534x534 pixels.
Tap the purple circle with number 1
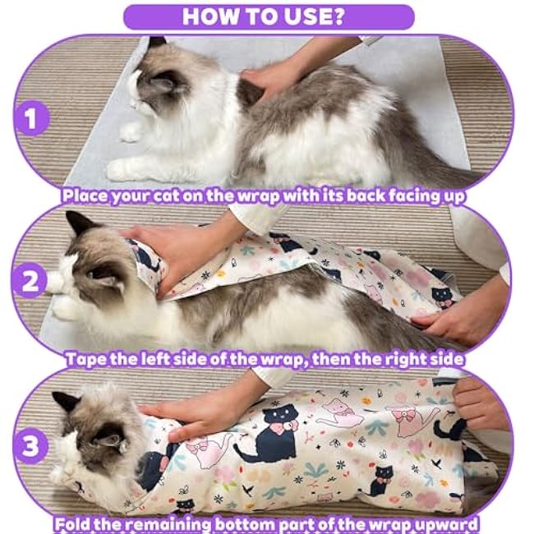[31, 121]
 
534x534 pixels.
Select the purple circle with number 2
[31, 282]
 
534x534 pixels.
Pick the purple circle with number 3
[30, 447]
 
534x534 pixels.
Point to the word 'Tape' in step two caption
[85, 358]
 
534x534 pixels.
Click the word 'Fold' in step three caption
[74, 522]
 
